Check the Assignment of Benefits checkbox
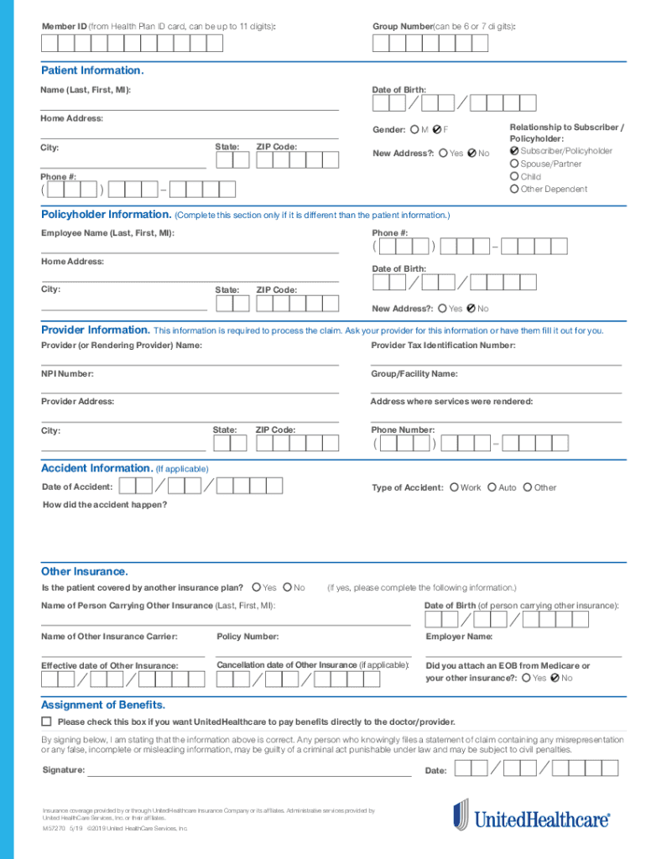click(47, 721)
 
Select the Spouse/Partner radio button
click(514, 164)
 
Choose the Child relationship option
click(514, 177)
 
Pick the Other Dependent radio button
click(514, 190)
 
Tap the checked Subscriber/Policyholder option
click(514, 151)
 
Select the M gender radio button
click(414, 130)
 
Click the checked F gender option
click(438, 130)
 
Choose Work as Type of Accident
click(454, 487)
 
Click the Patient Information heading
click(92, 70)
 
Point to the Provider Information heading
click(96, 330)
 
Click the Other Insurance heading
click(85, 571)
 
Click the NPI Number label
click(68, 374)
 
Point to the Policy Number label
click(247, 637)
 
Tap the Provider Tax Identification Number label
click(443, 346)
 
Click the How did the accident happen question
click(105, 505)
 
